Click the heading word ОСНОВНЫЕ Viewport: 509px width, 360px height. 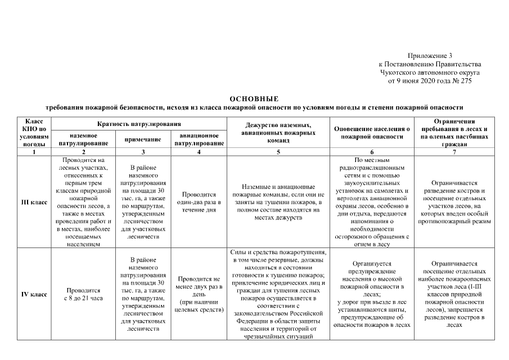click(x=254, y=98)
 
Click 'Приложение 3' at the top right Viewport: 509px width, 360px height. click(x=430, y=56)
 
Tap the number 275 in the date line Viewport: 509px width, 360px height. click(x=465, y=81)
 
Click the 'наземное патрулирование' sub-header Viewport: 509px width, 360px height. click(x=83, y=139)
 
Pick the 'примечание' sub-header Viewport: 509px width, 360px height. click(x=143, y=139)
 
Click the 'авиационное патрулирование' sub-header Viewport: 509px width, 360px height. click(x=199, y=139)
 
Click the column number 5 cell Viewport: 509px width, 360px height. click(x=278, y=152)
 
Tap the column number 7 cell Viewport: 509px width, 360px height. click(x=454, y=152)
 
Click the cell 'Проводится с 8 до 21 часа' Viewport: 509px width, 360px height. click(x=83, y=294)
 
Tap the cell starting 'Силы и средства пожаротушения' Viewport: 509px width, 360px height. click(x=278, y=294)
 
